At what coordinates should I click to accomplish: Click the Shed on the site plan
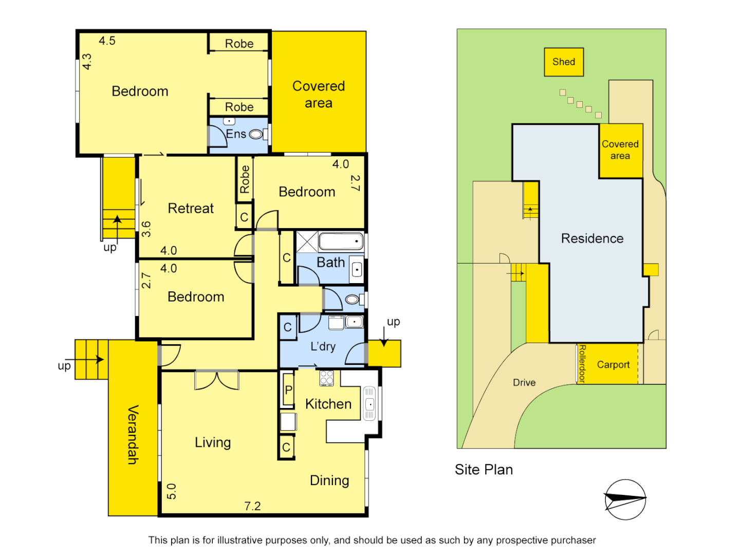pyautogui.click(x=564, y=62)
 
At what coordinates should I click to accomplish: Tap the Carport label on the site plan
pyautogui.click(x=613, y=365)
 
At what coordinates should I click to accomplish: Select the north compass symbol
pyautogui.click(x=625, y=499)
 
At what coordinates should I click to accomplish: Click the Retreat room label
pyautogui.click(x=191, y=208)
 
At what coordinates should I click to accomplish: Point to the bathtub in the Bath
pyautogui.click(x=341, y=241)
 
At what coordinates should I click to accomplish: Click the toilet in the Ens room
pyautogui.click(x=256, y=135)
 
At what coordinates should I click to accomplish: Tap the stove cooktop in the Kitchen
pyautogui.click(x=326, y=378)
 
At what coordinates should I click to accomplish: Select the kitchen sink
pyautogui.click(x=369, y=404)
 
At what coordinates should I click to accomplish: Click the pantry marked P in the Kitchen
pyautogui.click(x=288, y=390)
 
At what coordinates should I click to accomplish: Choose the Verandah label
pyautogui.click(x=133, y=435)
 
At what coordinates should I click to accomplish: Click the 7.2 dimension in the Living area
pyautogui.click(x=252, y=506)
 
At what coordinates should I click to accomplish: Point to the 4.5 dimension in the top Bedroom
pyautogui.click(x=107, y=41)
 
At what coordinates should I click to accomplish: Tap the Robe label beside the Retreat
pyautogui.click(x=245, y=179)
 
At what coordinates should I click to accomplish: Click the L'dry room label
pyautogui.click(x=323, y=346)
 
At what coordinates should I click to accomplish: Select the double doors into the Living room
pyautogui.click(x=217, y=380)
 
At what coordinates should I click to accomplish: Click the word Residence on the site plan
pyautogui.click(x=592, y=238)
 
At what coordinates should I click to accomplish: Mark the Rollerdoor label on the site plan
pyautogui.click(x=582, y=364)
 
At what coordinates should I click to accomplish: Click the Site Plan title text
pyautogui.click(x=484, y=470)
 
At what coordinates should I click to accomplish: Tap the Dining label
pyautogui.click(x=329, y=480)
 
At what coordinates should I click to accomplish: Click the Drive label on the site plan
pyautogui.click(x=524, y=383)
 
